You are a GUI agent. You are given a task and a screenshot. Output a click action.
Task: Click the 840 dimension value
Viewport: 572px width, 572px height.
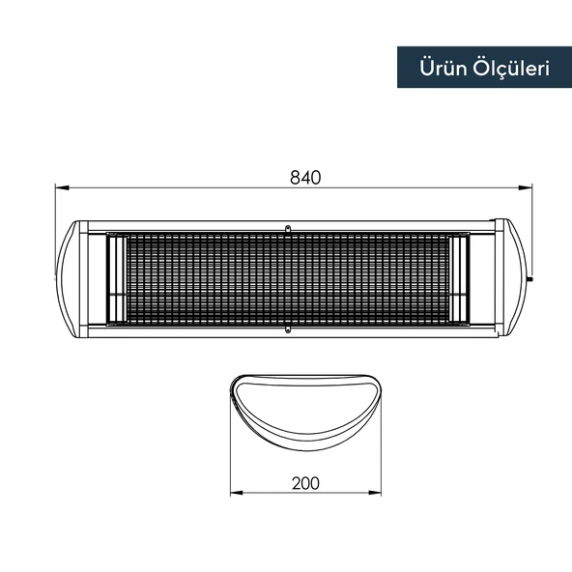[304, 177]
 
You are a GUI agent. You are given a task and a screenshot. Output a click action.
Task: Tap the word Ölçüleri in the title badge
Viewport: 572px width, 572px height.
[506, 68]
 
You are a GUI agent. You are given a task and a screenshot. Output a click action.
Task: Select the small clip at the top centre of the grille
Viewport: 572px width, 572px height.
[287, 229]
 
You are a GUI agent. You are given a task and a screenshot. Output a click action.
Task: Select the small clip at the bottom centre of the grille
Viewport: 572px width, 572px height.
[287, 331]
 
